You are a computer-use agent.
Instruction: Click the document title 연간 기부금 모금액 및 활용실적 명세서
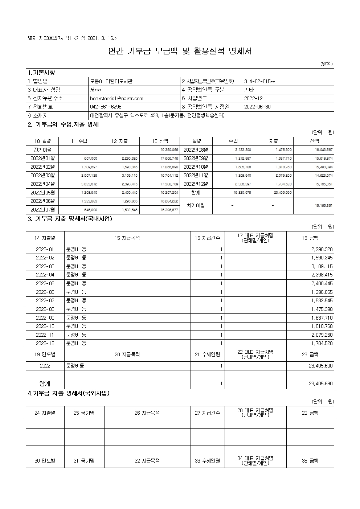click(180, 51)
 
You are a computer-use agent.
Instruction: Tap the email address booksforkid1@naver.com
click(116, 98)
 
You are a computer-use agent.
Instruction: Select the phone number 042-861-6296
click(106, 107)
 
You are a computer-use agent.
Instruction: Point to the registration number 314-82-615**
click(259, 81)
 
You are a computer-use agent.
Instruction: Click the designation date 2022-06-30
click(257, 107)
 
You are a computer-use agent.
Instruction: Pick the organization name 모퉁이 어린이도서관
click(111, 81)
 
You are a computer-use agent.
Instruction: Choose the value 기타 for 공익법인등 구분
click(249, 90)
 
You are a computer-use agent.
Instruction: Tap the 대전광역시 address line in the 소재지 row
click(157, 116)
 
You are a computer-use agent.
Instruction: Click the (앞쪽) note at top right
click(327, 64)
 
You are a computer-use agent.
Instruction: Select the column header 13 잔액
click(160, 141)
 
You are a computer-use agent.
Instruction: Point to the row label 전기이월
click(42, 150)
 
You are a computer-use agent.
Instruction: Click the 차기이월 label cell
click(196, 205)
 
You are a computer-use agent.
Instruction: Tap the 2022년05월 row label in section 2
click(42, 193)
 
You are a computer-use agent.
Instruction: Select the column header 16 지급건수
click(208, 238)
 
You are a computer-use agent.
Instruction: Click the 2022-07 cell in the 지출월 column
click(45, 301)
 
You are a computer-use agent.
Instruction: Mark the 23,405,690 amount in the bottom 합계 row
click(320, 383)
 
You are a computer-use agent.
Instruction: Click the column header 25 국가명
click(84, 413)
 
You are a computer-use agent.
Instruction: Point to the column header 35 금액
click(310, 461)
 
